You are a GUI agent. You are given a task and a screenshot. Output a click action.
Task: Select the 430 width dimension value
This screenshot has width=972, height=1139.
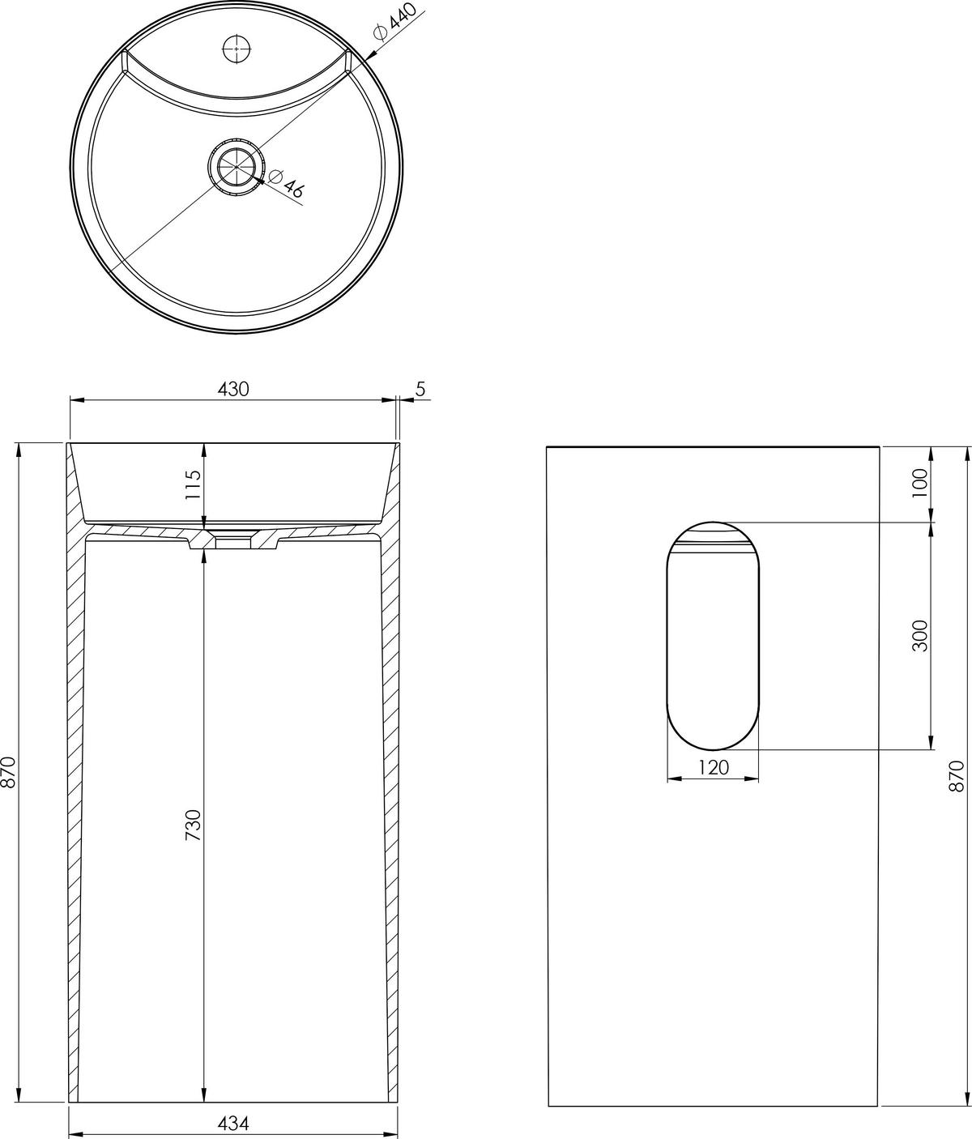(x=233, y=389)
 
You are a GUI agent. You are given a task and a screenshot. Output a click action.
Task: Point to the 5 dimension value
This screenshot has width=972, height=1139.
(x=420, y=389)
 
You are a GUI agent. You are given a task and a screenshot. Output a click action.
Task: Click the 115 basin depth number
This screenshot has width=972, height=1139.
(x=193, y=484)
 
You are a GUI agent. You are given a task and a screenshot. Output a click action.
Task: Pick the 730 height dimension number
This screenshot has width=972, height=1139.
(x=193, y=825)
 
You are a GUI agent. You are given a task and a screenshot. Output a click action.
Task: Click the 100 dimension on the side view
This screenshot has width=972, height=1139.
(x=919, y=484)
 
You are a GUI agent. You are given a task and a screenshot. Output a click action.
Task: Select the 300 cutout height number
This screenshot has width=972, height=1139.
(x=919, y=635)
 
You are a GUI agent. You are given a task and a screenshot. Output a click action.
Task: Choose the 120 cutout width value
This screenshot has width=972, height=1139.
(x=714, y=767)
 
